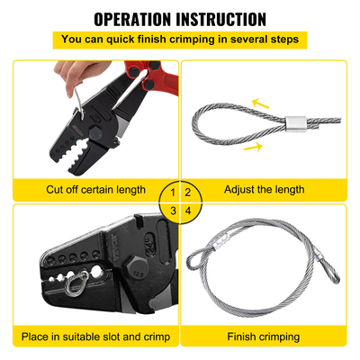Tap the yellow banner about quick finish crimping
180,40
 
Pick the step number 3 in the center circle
172,211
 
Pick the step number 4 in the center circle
188,211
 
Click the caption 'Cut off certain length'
94,190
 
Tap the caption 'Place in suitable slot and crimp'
94,338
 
